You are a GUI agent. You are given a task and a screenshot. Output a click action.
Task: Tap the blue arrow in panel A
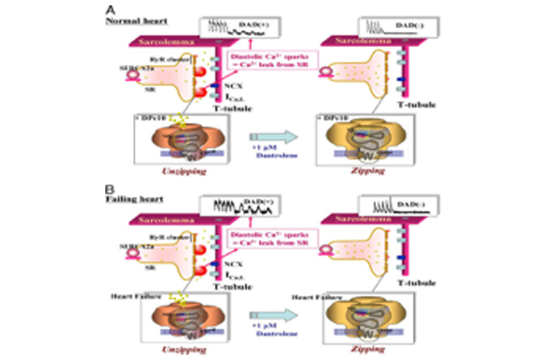(x=273, y=138)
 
